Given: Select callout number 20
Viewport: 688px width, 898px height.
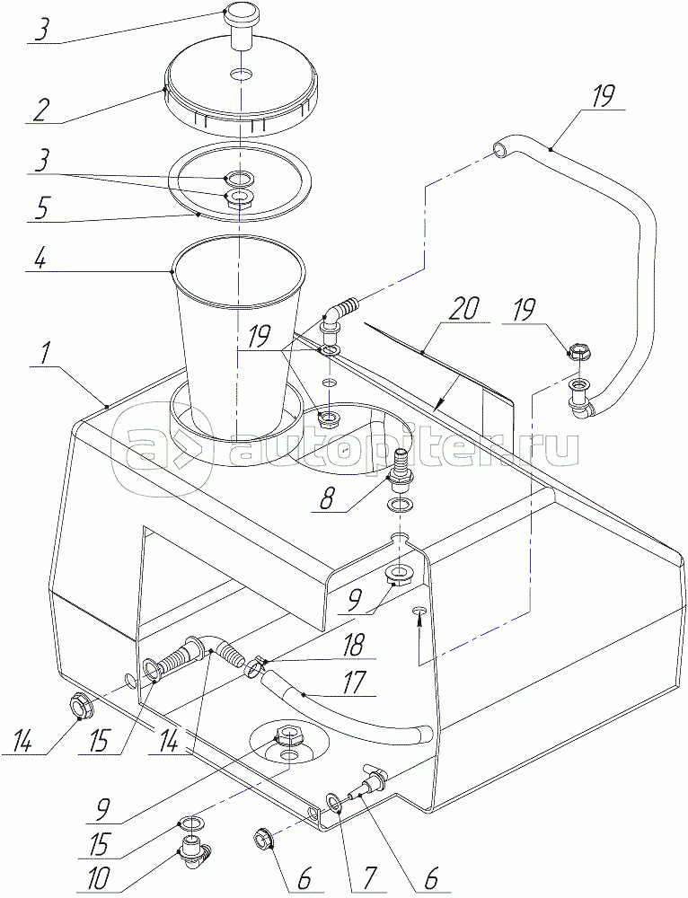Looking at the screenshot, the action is pos(464,310).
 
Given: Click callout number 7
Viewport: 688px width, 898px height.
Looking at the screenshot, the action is pos(367,876).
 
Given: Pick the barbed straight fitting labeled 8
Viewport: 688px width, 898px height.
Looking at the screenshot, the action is pos(399,468).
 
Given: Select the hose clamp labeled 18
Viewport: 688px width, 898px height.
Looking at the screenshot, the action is pos(255,668).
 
